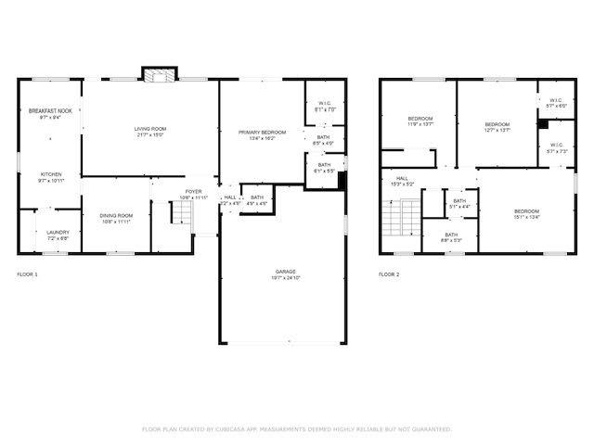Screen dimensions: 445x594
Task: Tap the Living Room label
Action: coord(148,133)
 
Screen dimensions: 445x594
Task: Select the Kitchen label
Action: coord(50,176)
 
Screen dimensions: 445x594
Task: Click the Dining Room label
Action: coord(116,219)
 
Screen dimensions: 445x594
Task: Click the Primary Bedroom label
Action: coord(261,135)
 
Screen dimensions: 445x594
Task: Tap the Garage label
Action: coord(285,273)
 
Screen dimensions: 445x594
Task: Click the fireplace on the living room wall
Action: coord(157,75)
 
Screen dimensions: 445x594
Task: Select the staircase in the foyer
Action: coord(181,214)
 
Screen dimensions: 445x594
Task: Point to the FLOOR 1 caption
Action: coord(28,274)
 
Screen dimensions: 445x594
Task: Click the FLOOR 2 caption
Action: coord(389,274)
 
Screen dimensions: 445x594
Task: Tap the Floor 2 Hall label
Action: coord(403,181)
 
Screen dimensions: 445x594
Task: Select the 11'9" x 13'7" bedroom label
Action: coord(420,121)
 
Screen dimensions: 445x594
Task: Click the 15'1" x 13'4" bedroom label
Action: coord(526,214)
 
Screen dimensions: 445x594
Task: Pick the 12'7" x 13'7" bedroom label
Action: coord(497,127)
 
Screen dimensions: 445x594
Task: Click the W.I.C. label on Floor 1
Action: coord(324,106)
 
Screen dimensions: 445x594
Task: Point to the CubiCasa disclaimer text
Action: coord(296,429)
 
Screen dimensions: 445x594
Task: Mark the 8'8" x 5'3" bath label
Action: coord(450,237)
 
